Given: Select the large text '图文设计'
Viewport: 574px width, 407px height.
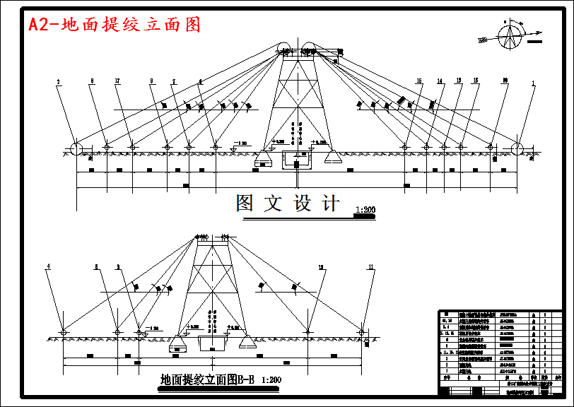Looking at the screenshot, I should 288,203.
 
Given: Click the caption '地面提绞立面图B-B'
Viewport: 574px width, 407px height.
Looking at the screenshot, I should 209,379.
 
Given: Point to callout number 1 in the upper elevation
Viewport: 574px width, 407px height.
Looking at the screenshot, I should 533,83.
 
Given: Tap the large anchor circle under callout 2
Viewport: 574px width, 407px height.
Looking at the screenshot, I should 74,148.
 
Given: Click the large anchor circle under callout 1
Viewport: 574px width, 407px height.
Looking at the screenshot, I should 517,148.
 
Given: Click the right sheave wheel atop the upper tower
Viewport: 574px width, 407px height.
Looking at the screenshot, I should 308,49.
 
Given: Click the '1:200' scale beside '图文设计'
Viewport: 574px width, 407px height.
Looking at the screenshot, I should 365,210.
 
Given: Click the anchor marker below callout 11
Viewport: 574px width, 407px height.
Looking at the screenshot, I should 363,331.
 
